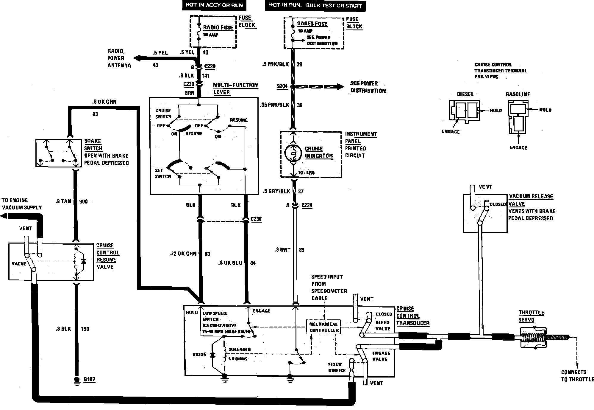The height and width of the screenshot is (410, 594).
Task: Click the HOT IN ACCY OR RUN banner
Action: pyautogui.click(x=214, y=5)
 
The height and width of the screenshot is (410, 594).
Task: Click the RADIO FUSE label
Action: pyautogui.click(x=218, y=27)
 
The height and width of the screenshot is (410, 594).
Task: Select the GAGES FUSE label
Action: pyautogui.click(x=312, y=24)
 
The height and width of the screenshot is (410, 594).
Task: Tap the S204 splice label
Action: pyautogui.click(x=282, y=86)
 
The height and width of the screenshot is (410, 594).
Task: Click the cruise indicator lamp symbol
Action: pyautogui.click(x=293, y=153)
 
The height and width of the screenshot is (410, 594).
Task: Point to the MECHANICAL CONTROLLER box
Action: pyautogui.click(x=324, y=327)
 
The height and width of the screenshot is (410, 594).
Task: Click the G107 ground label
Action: pyautogui.click(x=89, y=380)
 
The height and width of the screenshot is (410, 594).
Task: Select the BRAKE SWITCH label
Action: pyautogui.click(x=93, y=145)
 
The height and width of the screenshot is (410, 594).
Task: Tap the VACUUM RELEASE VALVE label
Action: pyautogui.click(x=531, y=200)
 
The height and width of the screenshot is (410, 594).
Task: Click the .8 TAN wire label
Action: pyautogui.click(x=63, y=201)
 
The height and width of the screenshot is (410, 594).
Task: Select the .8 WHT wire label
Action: pyautogui.click(x=282, y=250)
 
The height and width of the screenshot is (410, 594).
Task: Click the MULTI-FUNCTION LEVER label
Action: pyautogui.click(x=235, y=89)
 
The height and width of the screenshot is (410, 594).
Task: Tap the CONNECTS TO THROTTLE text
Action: pyautogui.click(x=577, y=376)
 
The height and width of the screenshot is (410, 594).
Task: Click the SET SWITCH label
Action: pyautogui.click(x=163, y=173)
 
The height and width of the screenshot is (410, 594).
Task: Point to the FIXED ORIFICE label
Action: pyautogui.click(x=337, y=367)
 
